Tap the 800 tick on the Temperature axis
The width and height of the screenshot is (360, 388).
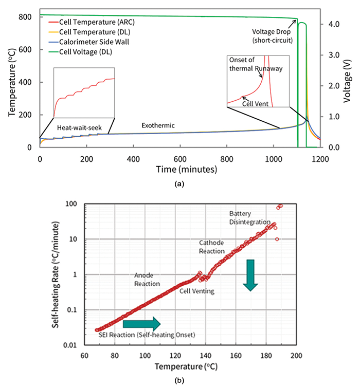25,17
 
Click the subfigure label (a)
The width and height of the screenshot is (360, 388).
179,181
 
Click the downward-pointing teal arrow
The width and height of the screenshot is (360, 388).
250,275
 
